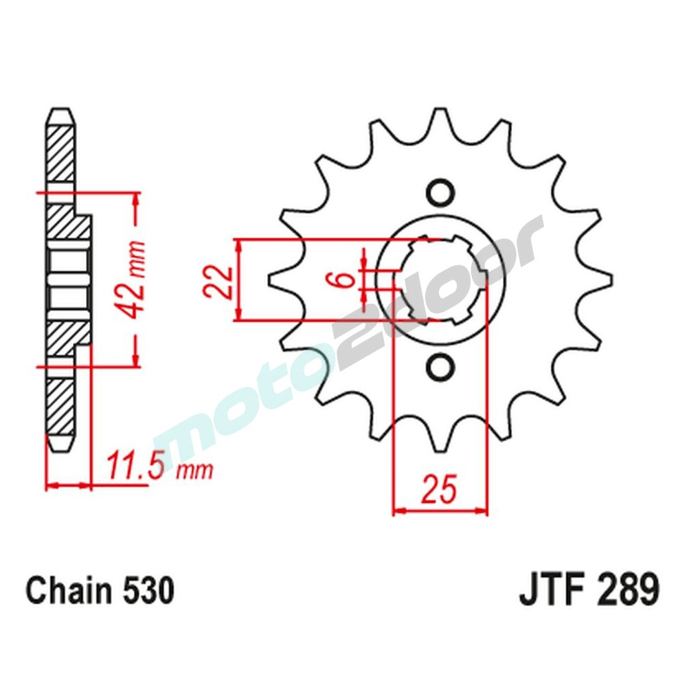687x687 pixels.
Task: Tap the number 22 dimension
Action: [218, 280]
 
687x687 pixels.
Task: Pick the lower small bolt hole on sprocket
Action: [438, 367]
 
